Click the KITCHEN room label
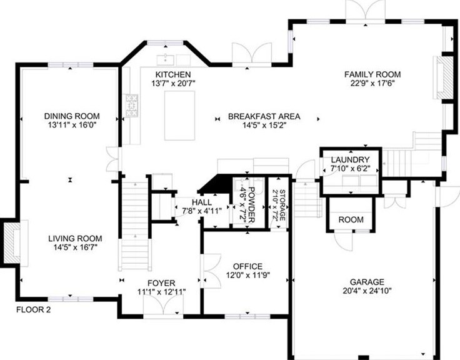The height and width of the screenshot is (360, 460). point(172,74)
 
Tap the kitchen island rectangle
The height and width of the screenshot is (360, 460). point(179,116)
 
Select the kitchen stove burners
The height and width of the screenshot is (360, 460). point(132,106)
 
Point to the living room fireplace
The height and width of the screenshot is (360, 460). point(12,243)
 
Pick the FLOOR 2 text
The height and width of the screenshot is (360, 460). point(34,309)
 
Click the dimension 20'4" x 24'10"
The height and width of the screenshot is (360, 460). point(367,291)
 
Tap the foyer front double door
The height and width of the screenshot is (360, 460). point(163,305)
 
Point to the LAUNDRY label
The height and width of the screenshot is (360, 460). point(350,160)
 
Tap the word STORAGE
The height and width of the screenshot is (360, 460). point(282,205)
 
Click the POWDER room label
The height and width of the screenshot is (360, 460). point(252,205)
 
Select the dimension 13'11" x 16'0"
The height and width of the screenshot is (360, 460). point(72,125)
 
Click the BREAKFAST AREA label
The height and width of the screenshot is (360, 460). point(264,116)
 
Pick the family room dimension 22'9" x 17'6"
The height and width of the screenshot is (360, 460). point(372,83)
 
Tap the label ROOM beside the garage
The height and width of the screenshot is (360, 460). point(351,219)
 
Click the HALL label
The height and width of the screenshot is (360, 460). point(201,202)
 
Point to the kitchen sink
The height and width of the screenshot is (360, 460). point(166,60)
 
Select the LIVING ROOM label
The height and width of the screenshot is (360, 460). point(75,239)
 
